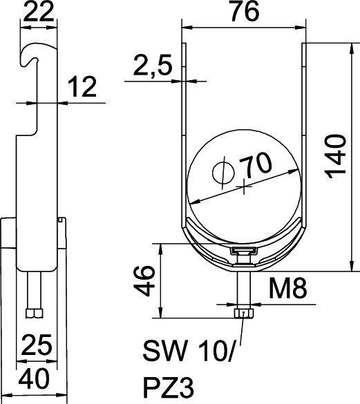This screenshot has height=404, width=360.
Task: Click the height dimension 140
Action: click(x=337, y=155)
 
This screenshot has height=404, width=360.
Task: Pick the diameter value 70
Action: click(x=254, y=166)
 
